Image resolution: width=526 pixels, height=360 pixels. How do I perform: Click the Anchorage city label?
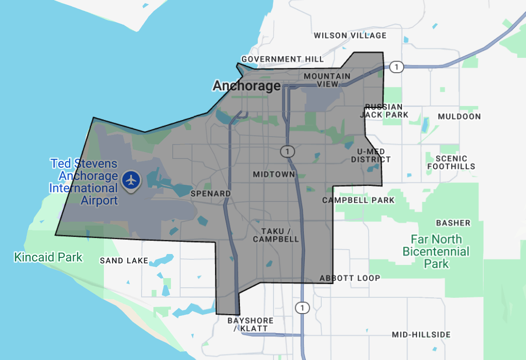pos(246,86)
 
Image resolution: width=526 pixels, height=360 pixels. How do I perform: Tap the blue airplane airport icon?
pos(130,180)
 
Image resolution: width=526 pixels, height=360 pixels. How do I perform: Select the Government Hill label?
pos(282,59)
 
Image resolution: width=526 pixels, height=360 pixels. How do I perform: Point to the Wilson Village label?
pos(350,35)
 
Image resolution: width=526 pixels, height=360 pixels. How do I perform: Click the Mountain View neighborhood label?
pos(327,80)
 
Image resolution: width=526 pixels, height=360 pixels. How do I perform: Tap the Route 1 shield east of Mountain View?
pos(396,67)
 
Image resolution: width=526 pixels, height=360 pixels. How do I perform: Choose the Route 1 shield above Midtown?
pos(287,152)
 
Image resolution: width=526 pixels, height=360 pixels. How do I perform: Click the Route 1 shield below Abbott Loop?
pos(301,307)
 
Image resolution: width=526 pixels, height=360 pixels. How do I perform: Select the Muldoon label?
pos(459,116)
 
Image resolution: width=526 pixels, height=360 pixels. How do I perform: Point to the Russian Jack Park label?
pos(384,111)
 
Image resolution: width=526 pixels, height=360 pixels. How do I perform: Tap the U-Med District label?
pos(370,155)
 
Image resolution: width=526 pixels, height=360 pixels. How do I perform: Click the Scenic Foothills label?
pos(451,162)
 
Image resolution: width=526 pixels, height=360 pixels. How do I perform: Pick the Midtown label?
pos(274,174)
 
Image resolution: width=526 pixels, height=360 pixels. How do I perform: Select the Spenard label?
pos(210,193)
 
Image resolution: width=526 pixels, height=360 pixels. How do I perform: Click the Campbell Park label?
pos(358,200)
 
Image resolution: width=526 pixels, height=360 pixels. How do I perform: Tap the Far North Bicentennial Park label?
pos(436,251)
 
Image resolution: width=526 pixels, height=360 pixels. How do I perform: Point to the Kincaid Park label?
pos(48,257)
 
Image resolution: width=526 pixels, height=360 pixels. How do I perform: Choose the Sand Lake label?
pos(124,261)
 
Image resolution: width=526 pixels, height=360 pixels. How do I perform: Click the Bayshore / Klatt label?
pos(250,325)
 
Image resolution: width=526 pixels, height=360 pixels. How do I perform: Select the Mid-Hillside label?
pos(421,335)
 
